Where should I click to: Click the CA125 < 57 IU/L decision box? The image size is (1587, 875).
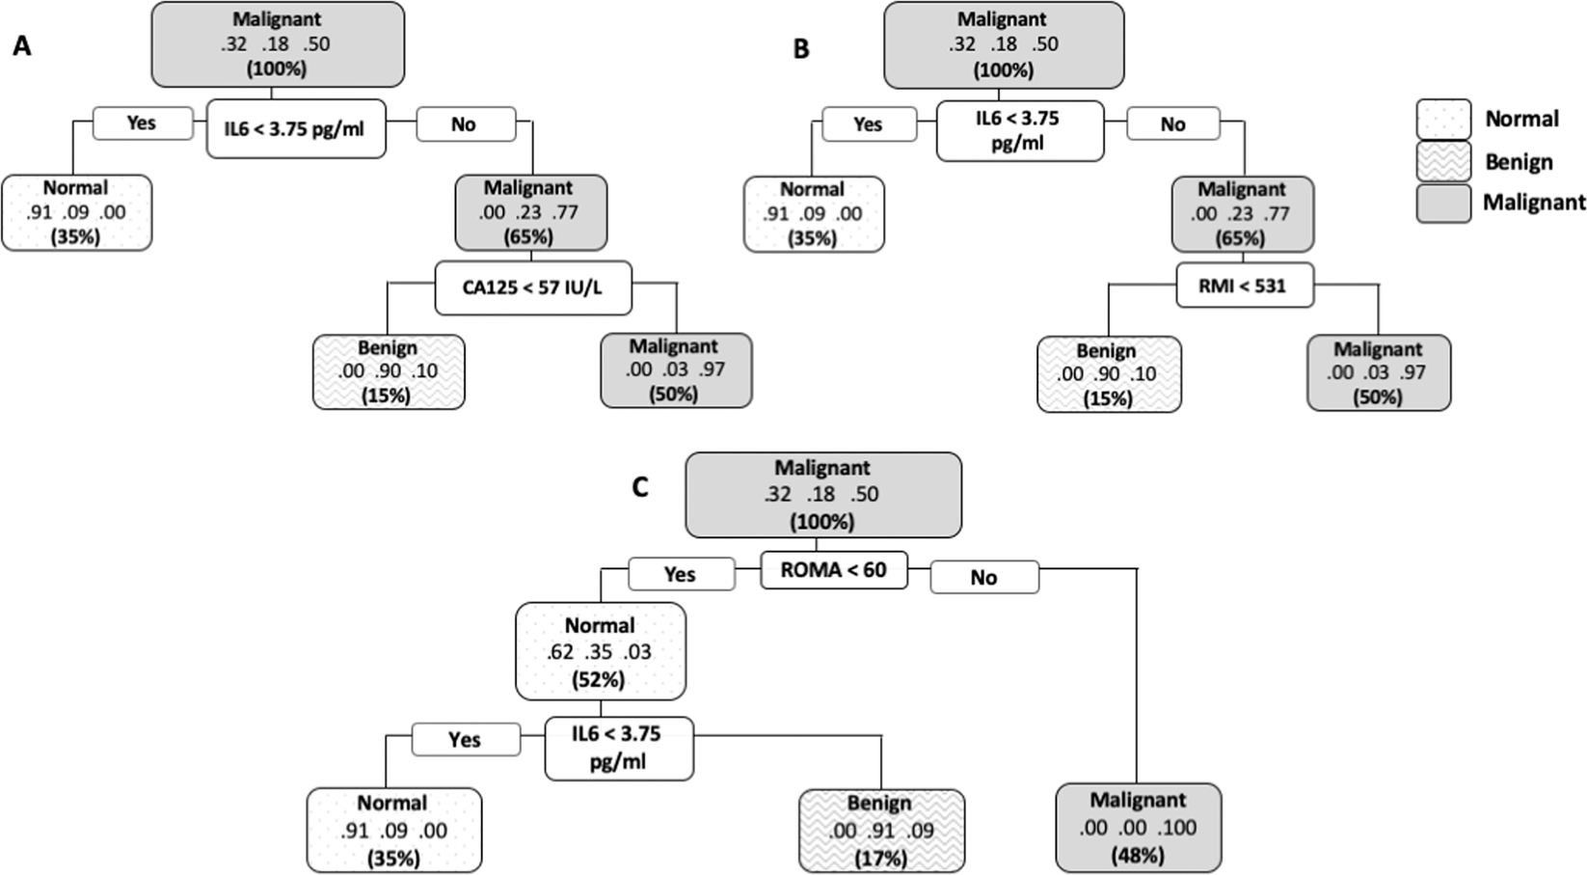(533, 287)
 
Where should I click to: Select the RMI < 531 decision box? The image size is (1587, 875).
(1244, 285)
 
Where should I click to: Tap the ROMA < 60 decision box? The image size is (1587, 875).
(834, 569)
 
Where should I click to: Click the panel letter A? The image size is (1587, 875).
(21, 45)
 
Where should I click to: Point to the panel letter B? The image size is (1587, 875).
(801, 48)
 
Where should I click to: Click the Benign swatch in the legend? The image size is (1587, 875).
(1443, 161)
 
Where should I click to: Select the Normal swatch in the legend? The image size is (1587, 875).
(1443, 120)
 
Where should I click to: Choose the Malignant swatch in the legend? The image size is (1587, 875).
(1443, 203)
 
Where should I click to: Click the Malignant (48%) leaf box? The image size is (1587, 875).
(1138, 827)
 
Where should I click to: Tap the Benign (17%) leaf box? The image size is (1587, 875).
(879, 830)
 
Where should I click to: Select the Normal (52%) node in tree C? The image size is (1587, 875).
(600, 651)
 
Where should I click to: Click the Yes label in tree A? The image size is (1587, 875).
(142, 123)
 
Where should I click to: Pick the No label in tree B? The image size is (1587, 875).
(1172, 124)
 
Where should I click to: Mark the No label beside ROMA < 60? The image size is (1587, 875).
(983, 577)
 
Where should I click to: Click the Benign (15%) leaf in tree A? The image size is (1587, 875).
(388, 371)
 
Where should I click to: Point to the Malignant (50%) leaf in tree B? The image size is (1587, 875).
(1378, 372)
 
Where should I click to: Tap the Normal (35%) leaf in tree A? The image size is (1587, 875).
(76, 212)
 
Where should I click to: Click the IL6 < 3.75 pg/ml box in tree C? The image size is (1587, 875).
(618, 748)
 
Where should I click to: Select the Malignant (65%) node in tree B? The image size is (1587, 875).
(1241, 213)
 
